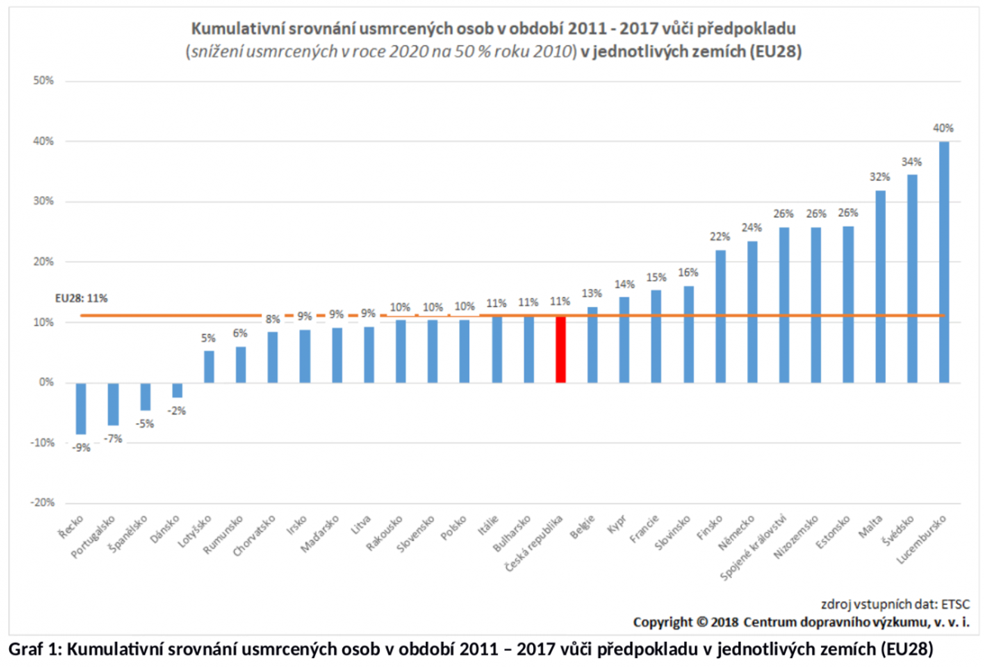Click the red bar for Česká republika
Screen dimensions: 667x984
(x=560, y=349)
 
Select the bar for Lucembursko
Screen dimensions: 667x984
(x=944, y=263)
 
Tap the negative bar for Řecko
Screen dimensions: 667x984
(x=81, y=409)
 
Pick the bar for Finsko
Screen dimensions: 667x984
(x=720, y=317)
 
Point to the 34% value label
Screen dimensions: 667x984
(x=911, y=162)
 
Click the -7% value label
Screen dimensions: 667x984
(x=113, y=439)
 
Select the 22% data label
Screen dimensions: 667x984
(x=720, y=237)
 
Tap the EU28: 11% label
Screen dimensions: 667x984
(x=81, y=299)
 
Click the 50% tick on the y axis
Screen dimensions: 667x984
(x=43, y=80)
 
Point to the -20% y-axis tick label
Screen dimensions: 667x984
(x=42, y=503)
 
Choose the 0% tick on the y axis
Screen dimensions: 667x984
(x=46, y=382)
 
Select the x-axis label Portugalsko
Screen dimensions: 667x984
(x=93, y=537)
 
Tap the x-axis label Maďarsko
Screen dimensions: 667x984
(x=320, y=534)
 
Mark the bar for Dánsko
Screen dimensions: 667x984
(x=177, y=391)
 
